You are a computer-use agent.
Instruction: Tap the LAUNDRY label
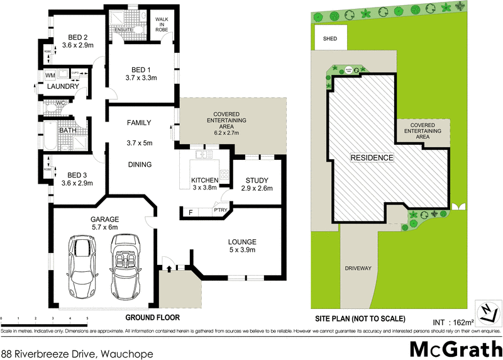65,87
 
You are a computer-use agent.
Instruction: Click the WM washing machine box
51,76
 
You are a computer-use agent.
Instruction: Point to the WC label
60,102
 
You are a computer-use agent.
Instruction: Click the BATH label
67,131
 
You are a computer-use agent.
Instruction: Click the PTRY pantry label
220,211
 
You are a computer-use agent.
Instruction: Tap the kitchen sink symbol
203,154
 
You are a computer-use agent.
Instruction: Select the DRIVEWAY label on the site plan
358,268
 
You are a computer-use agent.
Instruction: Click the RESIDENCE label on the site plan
372,157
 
